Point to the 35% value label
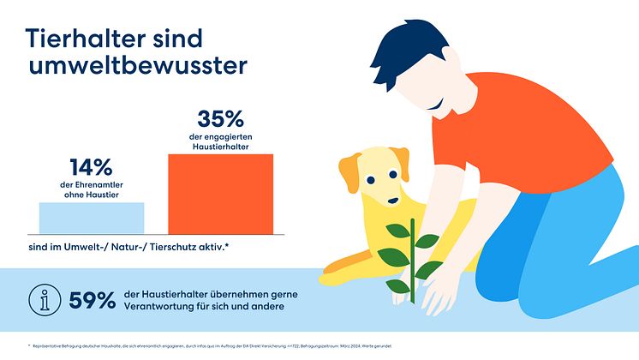coord(221,118)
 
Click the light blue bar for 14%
coord(92,218)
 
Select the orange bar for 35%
coord(220,194)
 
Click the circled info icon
coord(43,300)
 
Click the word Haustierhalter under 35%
coord(220,147)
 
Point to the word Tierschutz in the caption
coord(201,248)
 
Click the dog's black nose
coord(392,202)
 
